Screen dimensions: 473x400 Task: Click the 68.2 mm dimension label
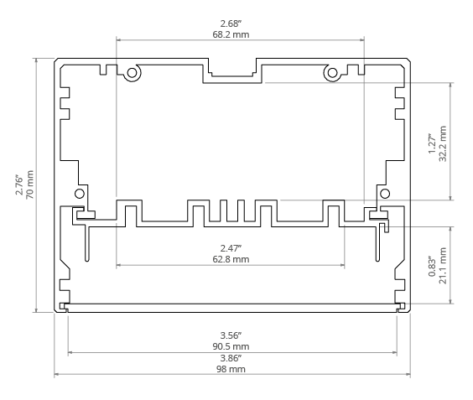[x=231, y=34]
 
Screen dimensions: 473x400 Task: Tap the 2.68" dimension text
[x=231, y=23]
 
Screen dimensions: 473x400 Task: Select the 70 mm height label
[x=30, y=184]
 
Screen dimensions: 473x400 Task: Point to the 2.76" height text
[x=19, y=184]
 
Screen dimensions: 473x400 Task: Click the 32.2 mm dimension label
[x=443, y=144]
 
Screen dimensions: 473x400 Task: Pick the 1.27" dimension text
[x=432, y=144]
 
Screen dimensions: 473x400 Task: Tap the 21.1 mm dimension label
[x=443, y=266]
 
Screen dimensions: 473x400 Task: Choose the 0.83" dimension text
[x=432, y=266]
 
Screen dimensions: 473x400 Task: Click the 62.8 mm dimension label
[x=231, y=259]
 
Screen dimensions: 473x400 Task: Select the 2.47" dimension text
[x=231, y=248]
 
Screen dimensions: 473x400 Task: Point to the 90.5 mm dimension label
[x=231, y=346]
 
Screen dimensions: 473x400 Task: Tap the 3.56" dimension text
[x=231, y=335]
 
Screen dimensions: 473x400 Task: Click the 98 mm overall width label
[x=231, y=369]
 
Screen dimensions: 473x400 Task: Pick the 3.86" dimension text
[x=231, y=358]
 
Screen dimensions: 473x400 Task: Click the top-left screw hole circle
[x=132, y=73]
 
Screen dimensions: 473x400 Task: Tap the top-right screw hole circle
[x=332, y=73]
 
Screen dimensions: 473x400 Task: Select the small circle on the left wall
[x=80, y=194]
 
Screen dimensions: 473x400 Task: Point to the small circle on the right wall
[x=385, y=194]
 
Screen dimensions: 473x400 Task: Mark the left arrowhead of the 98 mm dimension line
[x=56, y=374]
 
